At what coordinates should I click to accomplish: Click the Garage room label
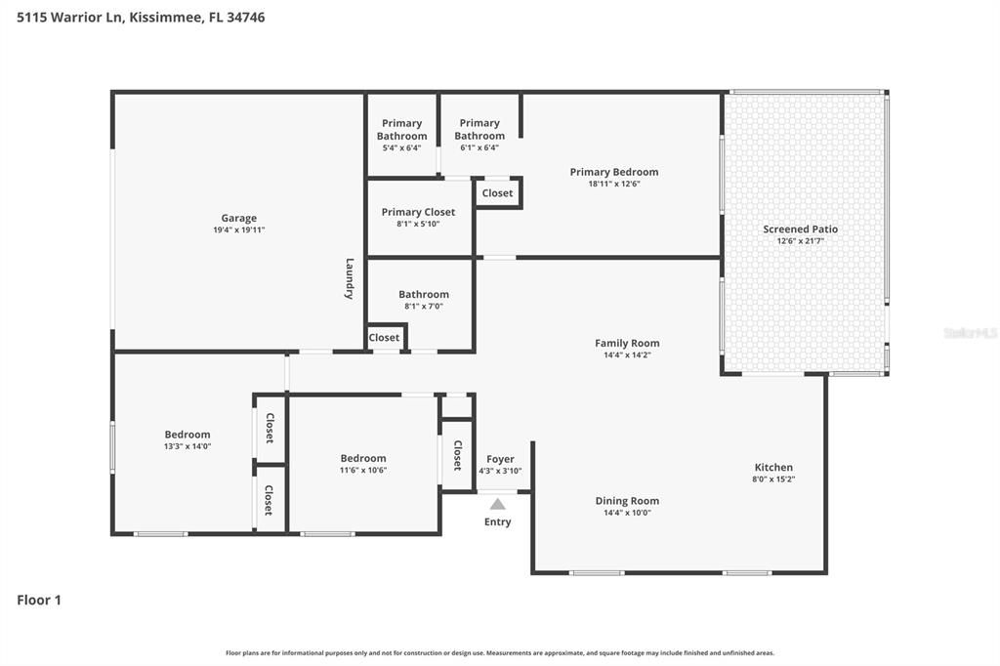tap(239, 218)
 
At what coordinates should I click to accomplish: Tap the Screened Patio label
tap(801, 229)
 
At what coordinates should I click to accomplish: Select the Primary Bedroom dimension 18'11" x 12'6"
tap(614, 184)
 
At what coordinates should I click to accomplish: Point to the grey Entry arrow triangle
tap(497, 504)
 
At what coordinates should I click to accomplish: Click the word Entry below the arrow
tap(497, 521)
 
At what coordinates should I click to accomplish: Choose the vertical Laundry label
tap(350, 278)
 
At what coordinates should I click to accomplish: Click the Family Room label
tap(627, 343)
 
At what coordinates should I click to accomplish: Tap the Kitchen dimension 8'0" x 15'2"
tap(773, 479)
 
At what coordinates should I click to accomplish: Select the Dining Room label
tap(628, 501)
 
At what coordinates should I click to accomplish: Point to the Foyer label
tap(500, 459)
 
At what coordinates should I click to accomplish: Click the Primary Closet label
tap(418, 212)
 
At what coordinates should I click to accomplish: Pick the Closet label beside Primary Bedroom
tap(497, 193)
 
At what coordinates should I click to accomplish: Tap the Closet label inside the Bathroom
tap(384, 338)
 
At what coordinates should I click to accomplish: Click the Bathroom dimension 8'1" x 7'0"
tap(424, 307)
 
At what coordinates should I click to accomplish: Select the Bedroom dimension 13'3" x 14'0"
tap(187, 446)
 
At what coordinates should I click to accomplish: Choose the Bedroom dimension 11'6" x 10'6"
tap(363, 470)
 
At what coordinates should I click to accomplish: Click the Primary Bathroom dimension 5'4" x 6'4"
tap(401, 148)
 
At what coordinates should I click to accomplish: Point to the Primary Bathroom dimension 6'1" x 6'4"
tap(479, 147)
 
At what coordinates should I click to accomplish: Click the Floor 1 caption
tap(39, 600)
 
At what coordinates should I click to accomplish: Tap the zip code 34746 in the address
tap(245, 18)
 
